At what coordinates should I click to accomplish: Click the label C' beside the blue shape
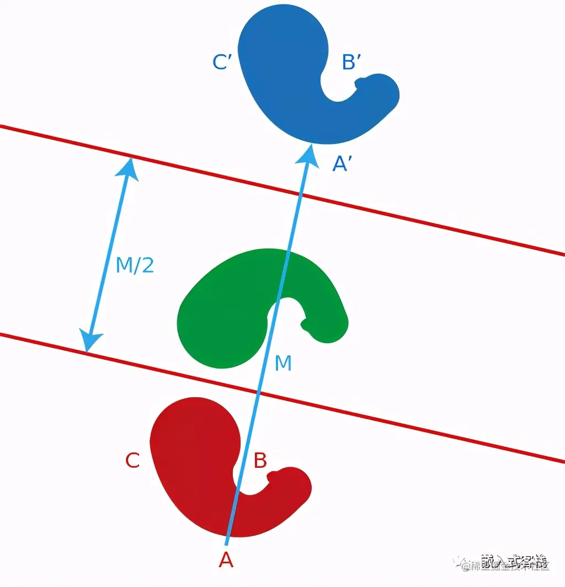[x=221, y=62]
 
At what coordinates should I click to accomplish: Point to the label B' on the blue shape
[x=352, y=62]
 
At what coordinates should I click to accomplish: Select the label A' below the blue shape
[x=342, y=164]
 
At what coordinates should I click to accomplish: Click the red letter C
[x=132, y=461]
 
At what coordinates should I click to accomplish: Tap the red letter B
[x=260, y=461]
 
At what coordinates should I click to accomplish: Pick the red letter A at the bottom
[x=226, y=561]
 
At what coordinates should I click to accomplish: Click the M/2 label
[x=135, y=266]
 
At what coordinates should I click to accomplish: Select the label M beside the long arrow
[x=282, y=364]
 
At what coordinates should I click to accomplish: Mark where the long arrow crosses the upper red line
[x=301, y=193]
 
